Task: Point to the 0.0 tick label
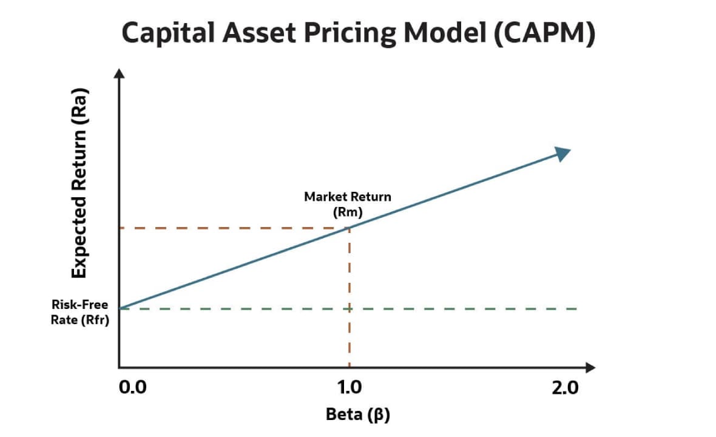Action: coord(133,388)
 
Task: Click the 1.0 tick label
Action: coord(349,388)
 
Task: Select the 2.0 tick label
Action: coord(566,388)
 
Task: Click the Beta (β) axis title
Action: coord(357,415)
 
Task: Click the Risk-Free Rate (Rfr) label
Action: coord(81,313)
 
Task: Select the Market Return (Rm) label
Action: coord(347,204)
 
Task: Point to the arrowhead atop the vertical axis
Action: coord(120,75)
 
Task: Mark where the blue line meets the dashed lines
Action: coord(350,228)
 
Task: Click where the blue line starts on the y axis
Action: coord(120,308)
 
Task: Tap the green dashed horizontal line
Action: coord(461,308)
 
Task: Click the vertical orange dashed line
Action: coord(350,297)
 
